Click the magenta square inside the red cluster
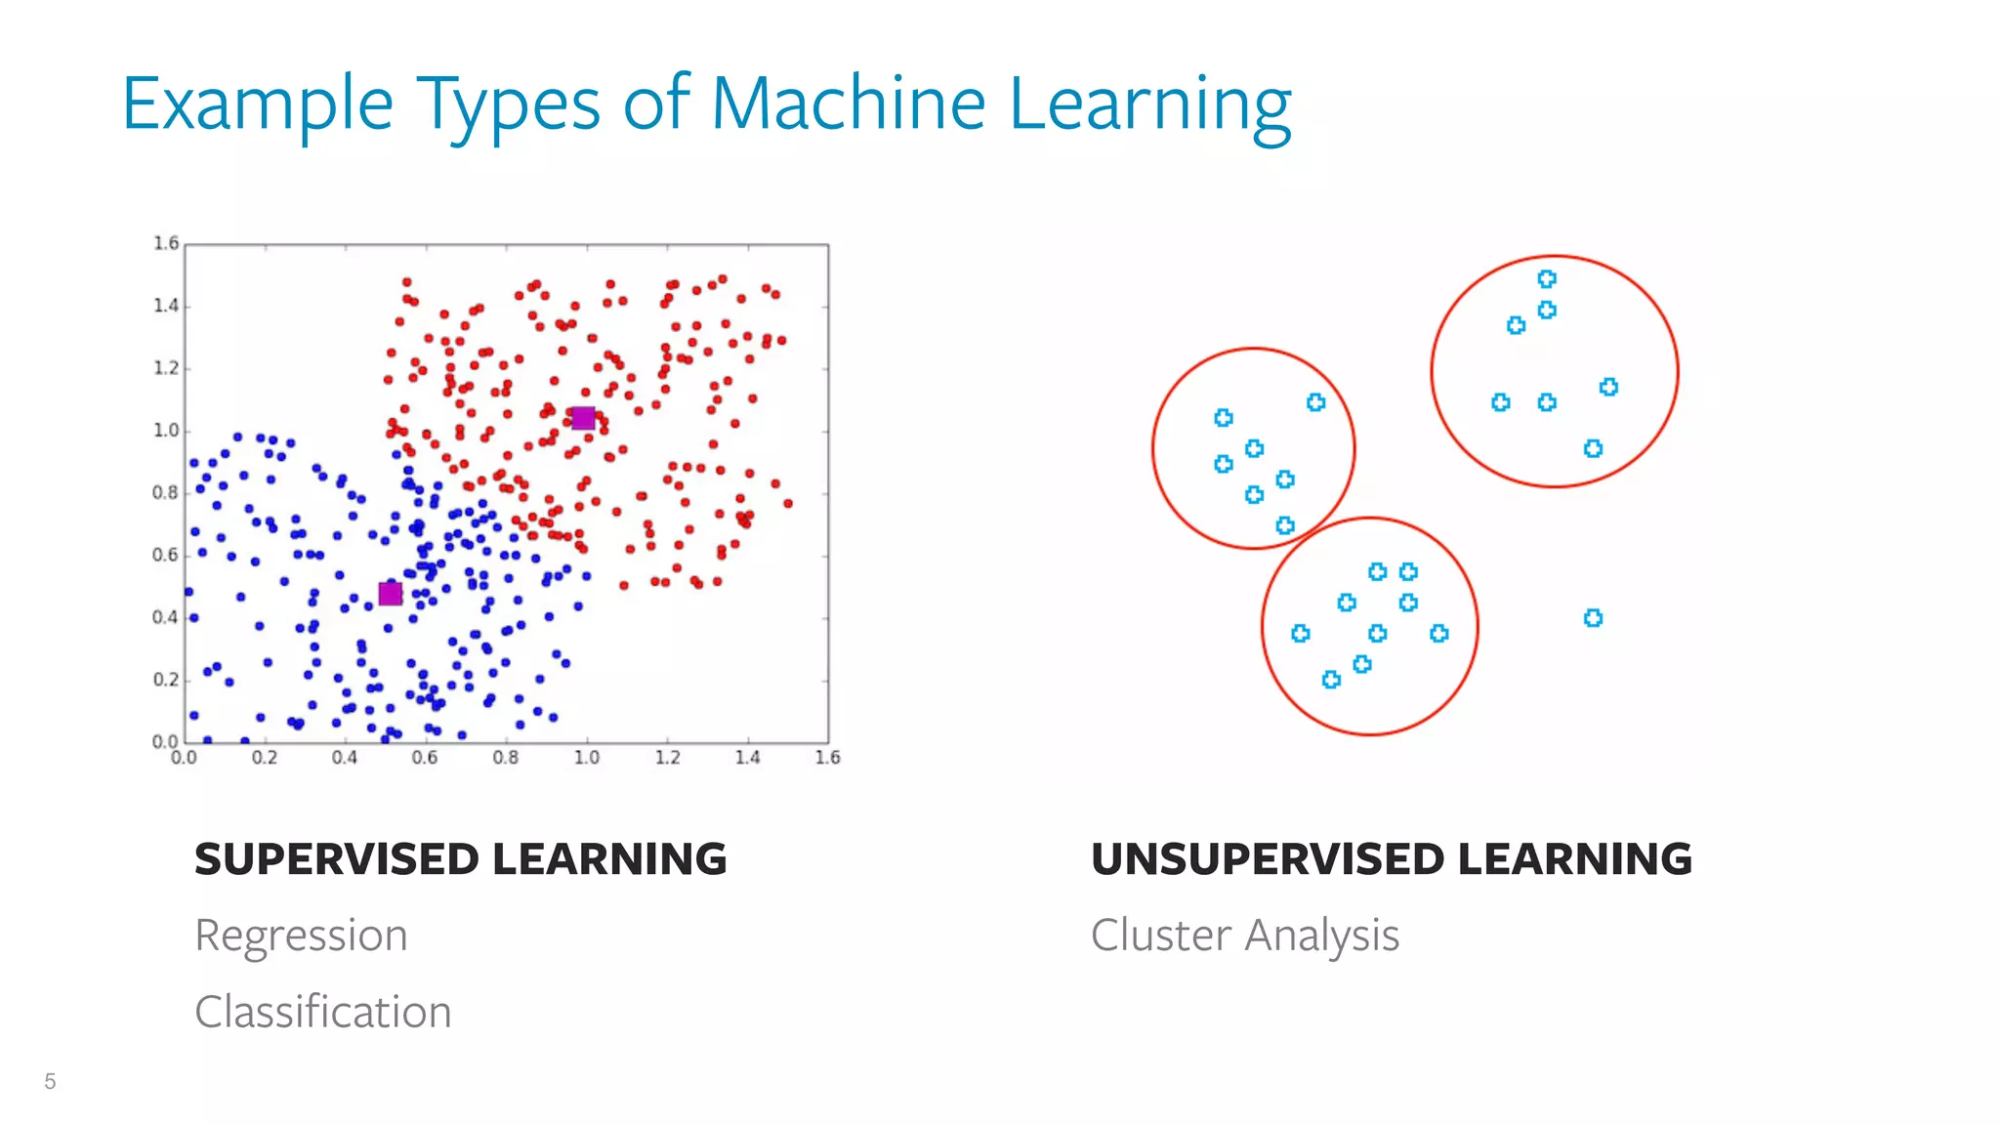pos(583,418)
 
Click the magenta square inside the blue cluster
pos(391,594)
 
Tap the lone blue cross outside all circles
pos(1593,618)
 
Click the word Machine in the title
pos(848,104)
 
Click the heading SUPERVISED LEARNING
pos(460,859)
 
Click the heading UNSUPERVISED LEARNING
pos(1391,859)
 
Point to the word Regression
pos(301,936)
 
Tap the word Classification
pos(322,1012)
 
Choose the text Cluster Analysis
pos(1244,936)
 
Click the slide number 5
pos(50,1081)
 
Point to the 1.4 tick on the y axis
pos(166,306)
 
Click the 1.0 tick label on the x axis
pos(586,758)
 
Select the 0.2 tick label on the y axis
pos(166,680)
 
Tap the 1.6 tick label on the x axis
pos(827,758)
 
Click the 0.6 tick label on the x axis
pos(425,758)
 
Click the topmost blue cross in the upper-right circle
pos(1547,279)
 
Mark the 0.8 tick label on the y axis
pos(166,493)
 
